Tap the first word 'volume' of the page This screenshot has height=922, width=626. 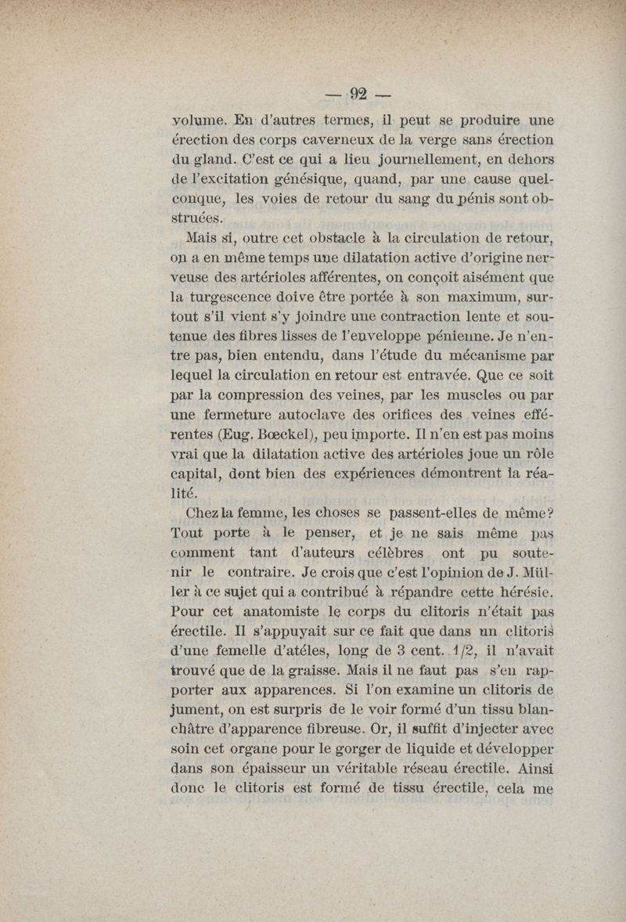click(199, 121)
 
